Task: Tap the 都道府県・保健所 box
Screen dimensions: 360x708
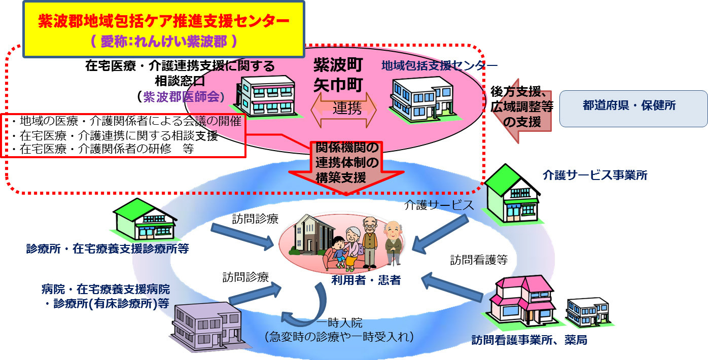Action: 633,108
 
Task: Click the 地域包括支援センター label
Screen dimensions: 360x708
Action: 439,65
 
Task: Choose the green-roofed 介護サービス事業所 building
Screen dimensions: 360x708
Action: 512,193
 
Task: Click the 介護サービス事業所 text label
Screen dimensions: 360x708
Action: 594,175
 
